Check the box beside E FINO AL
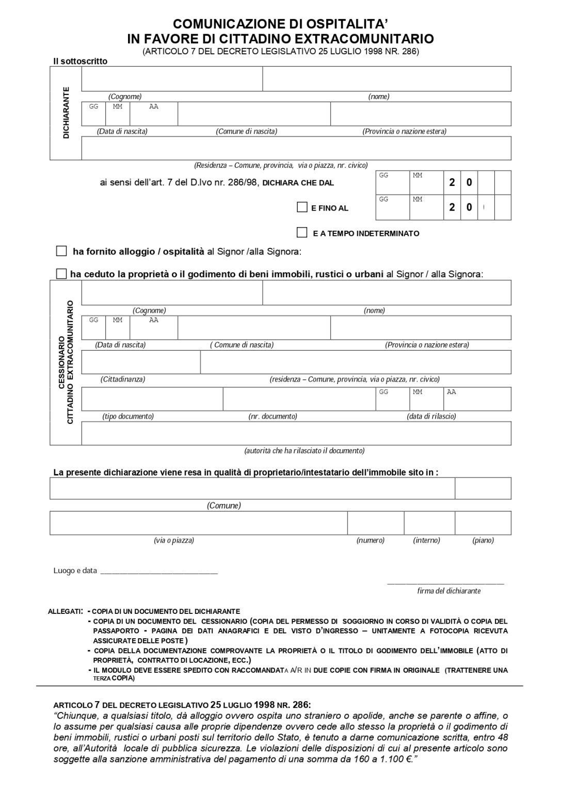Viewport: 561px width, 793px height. tap(302, 208)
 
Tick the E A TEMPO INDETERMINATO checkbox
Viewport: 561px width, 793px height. tap(302, 233)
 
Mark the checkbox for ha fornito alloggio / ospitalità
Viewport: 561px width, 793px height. tap(61, 251)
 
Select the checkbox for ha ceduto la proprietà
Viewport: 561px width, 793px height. tap(61, 274)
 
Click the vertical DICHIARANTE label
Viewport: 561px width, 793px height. tap(66, 113)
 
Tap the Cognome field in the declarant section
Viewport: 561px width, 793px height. tap(172, 79)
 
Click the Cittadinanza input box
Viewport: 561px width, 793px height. tap(140, 362)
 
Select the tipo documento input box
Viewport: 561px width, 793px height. tap(152, 399)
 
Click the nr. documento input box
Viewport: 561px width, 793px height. tap(299, 399)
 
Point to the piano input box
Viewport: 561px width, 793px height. tap(483, 523)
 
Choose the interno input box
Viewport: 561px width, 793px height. tap(429, 523)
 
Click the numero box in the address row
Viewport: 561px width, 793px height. tap(375, 523)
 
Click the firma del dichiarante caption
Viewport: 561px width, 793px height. tap(448, 591)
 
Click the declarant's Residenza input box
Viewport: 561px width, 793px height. tap(296, 148)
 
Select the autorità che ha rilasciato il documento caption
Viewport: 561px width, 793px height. tap(304, 451)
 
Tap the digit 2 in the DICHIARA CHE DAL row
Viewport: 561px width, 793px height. tap(452, 182)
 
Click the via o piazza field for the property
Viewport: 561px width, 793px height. tap(198, 523)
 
